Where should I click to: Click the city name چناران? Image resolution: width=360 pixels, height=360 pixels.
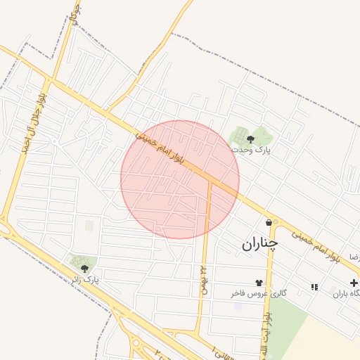click(260, 243)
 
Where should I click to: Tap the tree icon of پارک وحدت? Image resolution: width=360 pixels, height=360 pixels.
click(251, 139)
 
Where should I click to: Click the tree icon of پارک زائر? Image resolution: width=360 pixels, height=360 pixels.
click(84, 268)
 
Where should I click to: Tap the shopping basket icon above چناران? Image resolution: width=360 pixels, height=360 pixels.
click(269, 222)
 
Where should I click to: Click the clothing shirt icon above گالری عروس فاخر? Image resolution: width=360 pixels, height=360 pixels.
click(268, 282)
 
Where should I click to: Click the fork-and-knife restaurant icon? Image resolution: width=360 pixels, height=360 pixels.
click(314, 287)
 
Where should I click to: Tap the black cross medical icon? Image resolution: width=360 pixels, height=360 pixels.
click(353, 283)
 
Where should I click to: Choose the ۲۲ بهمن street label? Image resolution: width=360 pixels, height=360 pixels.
click(202, 280)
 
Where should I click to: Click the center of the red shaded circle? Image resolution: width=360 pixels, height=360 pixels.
click(180, 179)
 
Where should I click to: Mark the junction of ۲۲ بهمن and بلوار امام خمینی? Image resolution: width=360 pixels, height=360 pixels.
click(210, 179)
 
